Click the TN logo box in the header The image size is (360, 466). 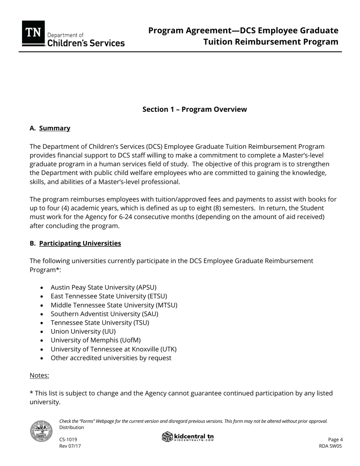click(33, 33)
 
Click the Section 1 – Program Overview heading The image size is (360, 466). click(194, 109)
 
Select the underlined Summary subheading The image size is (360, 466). click(55, 128)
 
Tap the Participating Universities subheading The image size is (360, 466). click(80, 243)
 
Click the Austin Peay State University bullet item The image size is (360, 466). click(103, 287)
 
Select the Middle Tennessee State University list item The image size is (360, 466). click(114, 305)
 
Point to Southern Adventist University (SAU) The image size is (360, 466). click(104, 314)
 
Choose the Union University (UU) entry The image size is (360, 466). click(83, 332)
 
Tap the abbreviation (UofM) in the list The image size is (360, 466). click(128, 340)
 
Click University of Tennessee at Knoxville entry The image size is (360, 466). click(113, 349)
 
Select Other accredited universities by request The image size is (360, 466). click(111, 358)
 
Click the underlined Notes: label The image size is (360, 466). click(39, 375)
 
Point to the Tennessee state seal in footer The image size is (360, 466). click(41, 431)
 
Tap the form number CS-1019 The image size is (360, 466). click(68, 439)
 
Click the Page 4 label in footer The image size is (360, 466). click(335, 439)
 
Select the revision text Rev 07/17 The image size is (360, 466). click(70, 446)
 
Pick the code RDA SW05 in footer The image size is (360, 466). click(330, 446)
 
